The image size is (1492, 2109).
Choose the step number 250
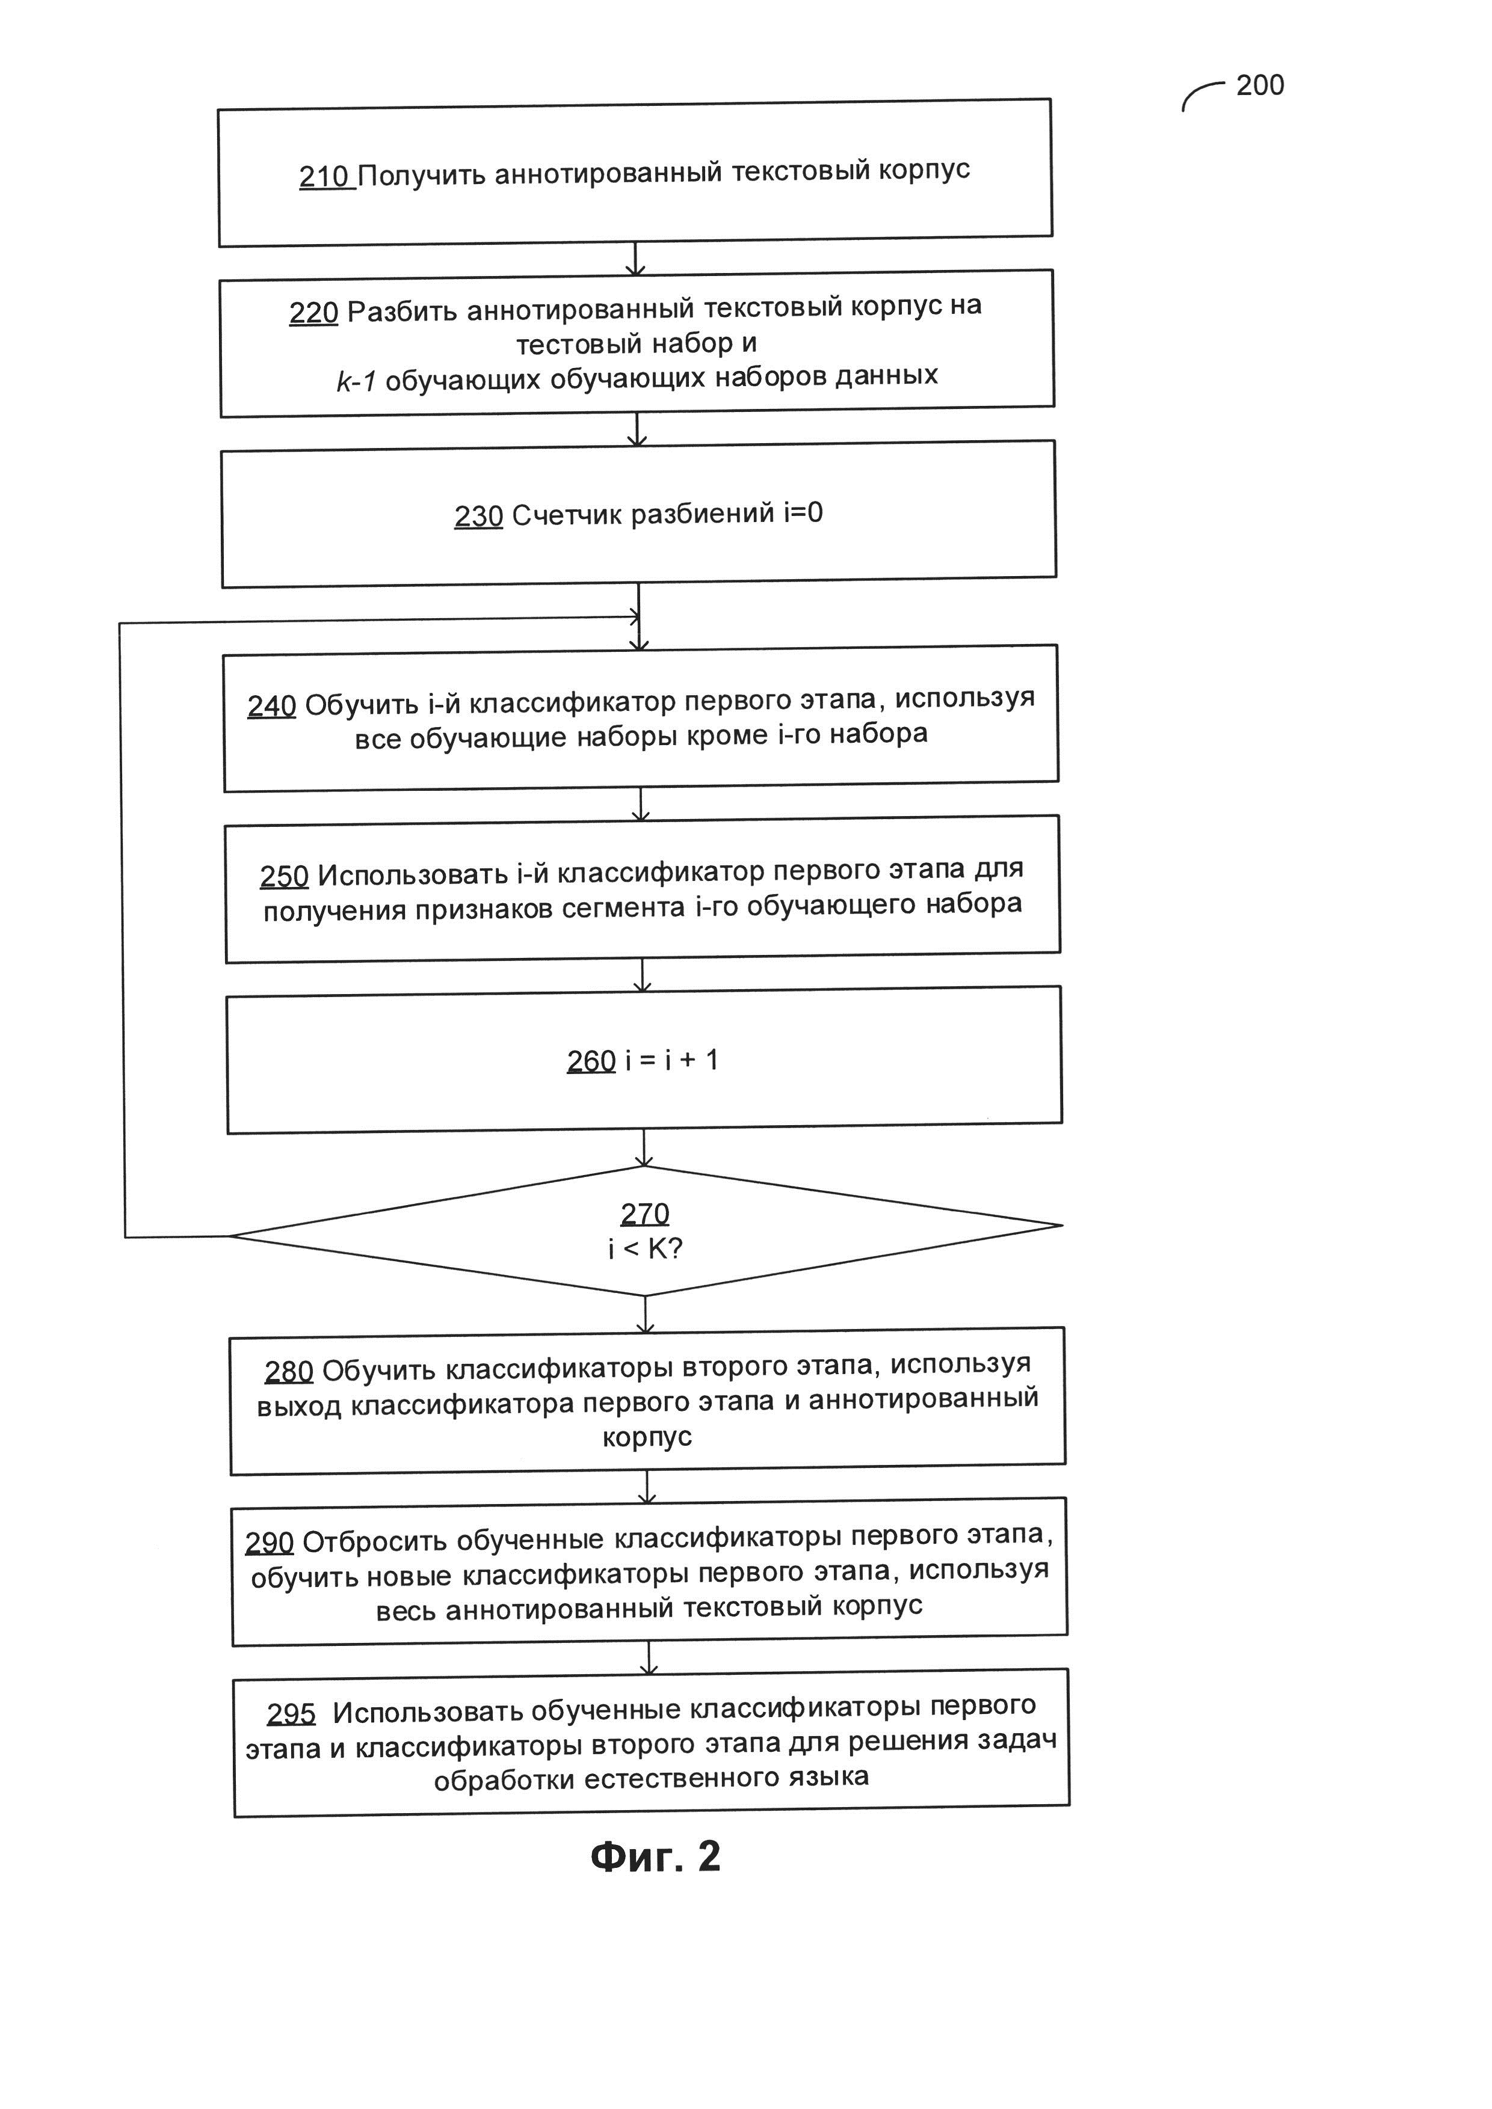pos(284,876)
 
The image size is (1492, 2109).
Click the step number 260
pos(591,1061)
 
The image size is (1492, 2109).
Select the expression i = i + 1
pos(671,1060)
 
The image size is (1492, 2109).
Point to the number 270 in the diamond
pos(645,1214)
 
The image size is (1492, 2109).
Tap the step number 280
pos(289,1371)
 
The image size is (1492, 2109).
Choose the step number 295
pos(291,1714)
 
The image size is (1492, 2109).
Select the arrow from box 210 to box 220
pos(635,257)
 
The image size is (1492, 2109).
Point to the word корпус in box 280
pos(647,1437)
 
